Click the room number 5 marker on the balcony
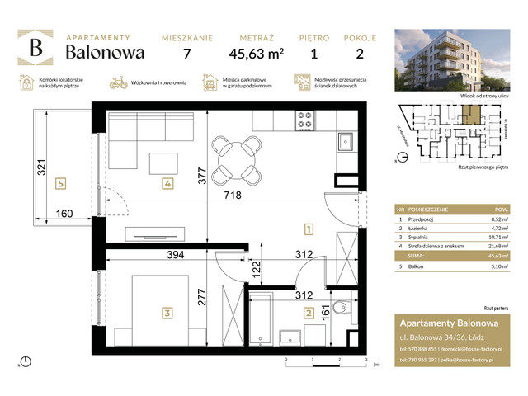coord(58,184)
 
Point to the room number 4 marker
coord(167,184)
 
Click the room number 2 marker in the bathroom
coord(308,313)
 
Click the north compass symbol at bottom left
coord(26,361)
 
